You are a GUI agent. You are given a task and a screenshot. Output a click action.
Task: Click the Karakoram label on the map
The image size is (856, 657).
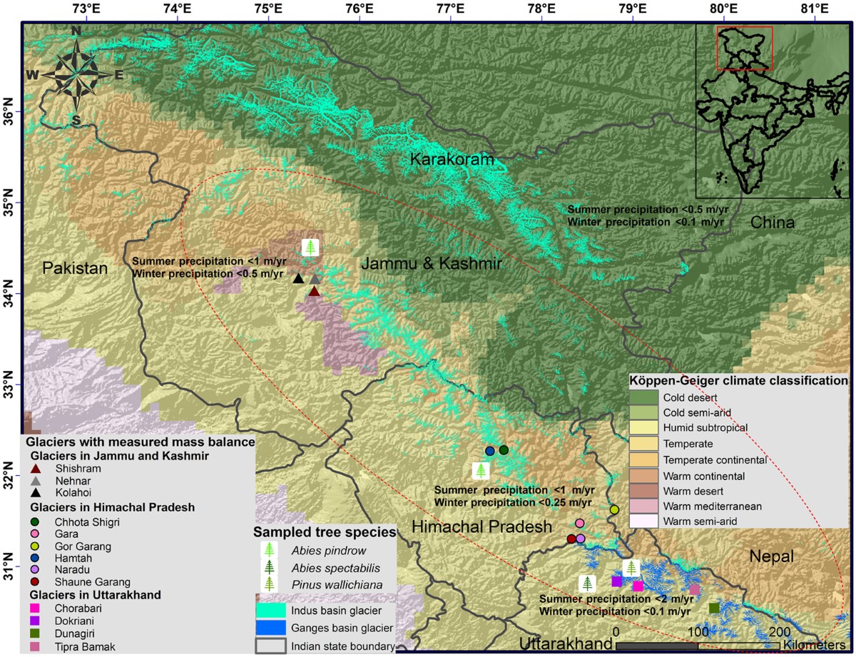452,160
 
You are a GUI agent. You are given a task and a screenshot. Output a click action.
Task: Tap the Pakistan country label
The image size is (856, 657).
74,268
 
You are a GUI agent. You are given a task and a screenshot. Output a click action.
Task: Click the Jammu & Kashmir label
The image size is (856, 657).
432,264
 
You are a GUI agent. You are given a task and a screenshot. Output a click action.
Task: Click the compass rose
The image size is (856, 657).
75,73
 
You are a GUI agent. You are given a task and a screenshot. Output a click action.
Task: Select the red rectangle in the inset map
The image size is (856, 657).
744,49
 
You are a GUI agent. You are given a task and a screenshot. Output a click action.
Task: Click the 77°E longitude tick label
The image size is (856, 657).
451,9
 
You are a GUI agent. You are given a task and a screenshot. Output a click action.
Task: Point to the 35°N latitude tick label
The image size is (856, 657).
10,203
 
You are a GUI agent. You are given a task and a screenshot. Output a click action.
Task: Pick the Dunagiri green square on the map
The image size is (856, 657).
714,608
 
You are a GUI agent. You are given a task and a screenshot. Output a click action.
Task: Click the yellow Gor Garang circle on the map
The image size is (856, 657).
614,509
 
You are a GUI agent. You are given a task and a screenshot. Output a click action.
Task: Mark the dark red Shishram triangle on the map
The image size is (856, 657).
314,291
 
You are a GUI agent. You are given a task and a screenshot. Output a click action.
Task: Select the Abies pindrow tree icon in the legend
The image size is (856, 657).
269,549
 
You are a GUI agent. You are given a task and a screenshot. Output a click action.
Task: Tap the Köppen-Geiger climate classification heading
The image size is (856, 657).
738,381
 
